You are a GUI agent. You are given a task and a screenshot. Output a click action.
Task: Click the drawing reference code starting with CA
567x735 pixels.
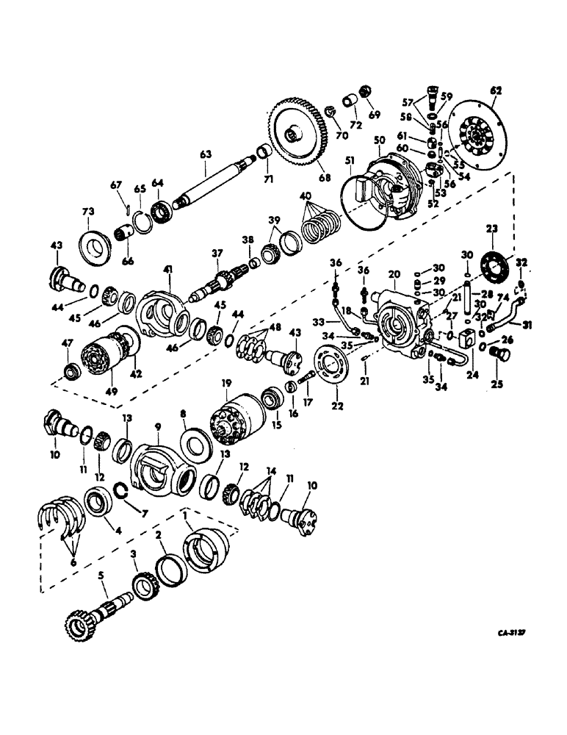point(513,631)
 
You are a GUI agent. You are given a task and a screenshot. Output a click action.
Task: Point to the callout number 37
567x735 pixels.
point(217,254)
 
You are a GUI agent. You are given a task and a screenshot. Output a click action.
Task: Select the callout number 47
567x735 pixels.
point(68,344)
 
